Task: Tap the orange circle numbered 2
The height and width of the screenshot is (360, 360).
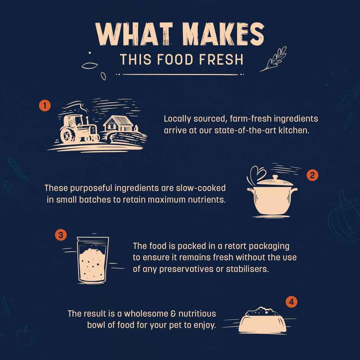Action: tap(312, 175)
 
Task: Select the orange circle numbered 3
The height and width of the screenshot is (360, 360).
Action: tap(61, 235)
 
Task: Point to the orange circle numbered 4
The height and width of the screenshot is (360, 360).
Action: tap(291, 302)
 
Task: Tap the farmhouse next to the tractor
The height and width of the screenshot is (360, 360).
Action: tap(119, 124)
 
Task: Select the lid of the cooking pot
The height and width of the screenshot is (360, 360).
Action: tap(275, 181)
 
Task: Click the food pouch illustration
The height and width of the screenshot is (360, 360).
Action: tap(93, 259)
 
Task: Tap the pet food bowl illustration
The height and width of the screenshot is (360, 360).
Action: tap(262, 320)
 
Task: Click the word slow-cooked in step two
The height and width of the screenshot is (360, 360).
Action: tap(201, 188)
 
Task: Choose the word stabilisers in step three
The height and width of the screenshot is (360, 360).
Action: tap(247, 269)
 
